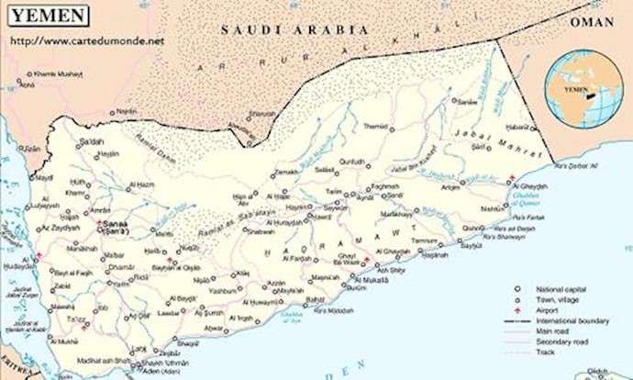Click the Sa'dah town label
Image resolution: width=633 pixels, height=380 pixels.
click(x=93, y=141)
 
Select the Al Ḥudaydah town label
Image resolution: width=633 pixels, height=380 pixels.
click(x=17, y=266)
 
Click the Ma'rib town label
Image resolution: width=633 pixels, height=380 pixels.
click(x=163, y=235)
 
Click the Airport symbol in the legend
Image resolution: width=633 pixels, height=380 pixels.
click(x=518, y=311)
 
